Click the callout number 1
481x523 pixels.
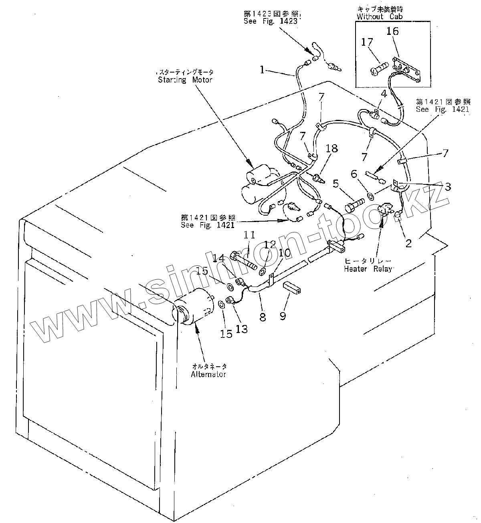(262, 70)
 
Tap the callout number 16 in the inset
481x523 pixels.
(393, 31)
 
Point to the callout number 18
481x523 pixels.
(332, 149)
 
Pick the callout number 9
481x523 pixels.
(283, 316)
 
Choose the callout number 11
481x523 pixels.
(249, 235)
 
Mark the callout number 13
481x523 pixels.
(241, 328)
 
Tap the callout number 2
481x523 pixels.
(408, 243)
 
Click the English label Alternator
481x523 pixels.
(208, 374)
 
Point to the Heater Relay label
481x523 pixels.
(367, 269)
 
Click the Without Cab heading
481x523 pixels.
(380, 16)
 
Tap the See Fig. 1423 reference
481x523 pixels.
(271, 21)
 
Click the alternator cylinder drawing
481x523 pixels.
(195, 308)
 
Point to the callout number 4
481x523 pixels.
(384, 95)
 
